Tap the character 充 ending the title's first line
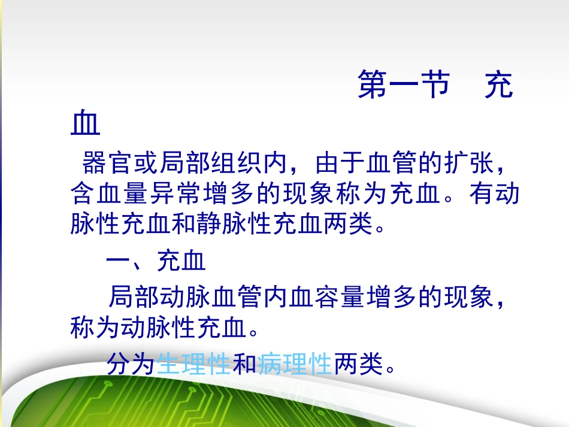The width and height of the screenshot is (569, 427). point(499,85)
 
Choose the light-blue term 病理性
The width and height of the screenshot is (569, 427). point(295,364)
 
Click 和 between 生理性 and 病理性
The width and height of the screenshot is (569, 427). point(244,364)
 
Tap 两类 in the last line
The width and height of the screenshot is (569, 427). point(358,364)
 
